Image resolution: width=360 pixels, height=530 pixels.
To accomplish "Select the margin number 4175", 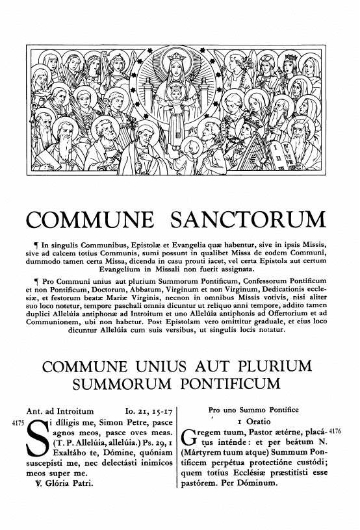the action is pos(13,423).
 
